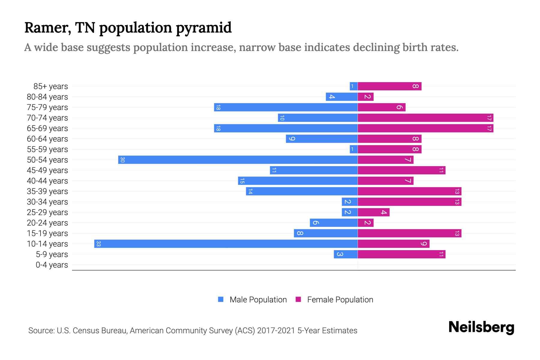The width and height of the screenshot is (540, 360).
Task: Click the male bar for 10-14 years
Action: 226,244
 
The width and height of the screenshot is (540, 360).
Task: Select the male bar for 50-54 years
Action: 238,160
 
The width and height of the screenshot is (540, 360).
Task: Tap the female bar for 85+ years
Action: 389,86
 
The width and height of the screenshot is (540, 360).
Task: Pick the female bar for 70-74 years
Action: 425,118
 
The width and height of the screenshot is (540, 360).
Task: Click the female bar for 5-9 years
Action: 401,254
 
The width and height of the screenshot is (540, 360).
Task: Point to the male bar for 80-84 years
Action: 342,97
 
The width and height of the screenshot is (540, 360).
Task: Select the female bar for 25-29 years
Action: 373,212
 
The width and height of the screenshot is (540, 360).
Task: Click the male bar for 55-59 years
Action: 354,149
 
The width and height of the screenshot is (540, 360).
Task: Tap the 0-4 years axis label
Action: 52,265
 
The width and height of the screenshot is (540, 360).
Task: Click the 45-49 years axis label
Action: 47,170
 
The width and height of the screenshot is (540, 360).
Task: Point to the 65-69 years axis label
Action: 47,128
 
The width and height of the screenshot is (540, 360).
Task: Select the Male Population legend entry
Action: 258,299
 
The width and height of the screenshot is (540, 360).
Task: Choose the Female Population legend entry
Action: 340,299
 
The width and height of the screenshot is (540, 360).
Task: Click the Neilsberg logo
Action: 481,327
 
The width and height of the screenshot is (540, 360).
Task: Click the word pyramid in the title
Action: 203,28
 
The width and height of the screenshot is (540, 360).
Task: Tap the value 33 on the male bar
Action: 98,244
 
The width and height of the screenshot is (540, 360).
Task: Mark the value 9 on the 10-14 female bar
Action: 423,244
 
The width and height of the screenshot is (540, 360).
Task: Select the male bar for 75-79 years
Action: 286,107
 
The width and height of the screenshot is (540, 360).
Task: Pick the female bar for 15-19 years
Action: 409,233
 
